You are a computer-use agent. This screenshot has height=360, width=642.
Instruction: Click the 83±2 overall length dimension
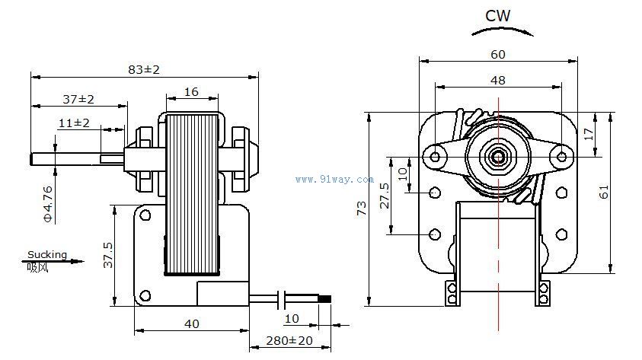pyautogui.click(x=144, y=69)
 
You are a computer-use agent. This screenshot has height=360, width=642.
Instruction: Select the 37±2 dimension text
pyautogui.click(x=78, y=99)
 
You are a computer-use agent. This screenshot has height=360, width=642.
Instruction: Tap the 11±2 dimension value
pyautogui.click(x=74, y=123)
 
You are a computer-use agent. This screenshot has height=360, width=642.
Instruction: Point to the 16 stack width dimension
pyautogui.click(x=191, y=92)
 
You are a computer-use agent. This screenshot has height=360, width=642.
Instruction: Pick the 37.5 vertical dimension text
pyautogui.click(x=108, y=255)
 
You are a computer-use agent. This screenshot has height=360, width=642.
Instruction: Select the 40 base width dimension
pyautogui.click(x=191, y=323)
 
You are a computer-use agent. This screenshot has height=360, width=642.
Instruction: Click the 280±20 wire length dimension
pyautogui.click(x=289, y=340)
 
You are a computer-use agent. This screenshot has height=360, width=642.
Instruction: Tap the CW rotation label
pyautogui.click(x=497, y=15)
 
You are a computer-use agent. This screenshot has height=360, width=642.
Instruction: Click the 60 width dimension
pyautogui.click(x=497, y=54)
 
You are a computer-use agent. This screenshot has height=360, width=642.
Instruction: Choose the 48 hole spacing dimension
pyautogui.click(x=497, y=79)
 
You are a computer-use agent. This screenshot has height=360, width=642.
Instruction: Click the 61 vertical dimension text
pyautogui.click(x=624, y=192)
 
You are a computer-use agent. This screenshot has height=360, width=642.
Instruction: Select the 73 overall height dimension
pyautogui.click(x=361, y=209)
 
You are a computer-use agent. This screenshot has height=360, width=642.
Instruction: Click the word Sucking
pyautogui.click(x=47, y=254)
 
